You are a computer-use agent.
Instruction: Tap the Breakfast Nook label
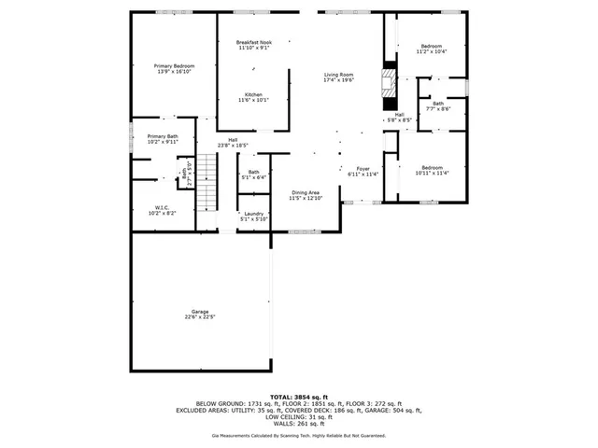pyautogui.click(x=253, y=43)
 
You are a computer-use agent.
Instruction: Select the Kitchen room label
pyautogui.click(x=253, y=94)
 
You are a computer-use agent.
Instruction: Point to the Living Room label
pyautogui.click(x=338, y=74)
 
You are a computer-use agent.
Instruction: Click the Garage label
pyautogui.click(x=200, y=311)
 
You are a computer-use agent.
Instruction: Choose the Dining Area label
pyautogui.click(x=306, y=192)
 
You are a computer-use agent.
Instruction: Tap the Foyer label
pyautogui.click(x=363, y=168)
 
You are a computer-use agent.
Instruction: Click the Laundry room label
pyautogui.click(x=253, y=214)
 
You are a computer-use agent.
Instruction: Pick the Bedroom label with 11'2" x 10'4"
pyautogui.click(x=431, y=46)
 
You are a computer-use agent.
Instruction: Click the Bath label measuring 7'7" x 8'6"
pyautogui.click(x=438, y=103)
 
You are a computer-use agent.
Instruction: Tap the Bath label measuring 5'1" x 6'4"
pyautogui.click(x=253, y=172)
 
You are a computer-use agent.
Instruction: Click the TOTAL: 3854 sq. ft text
pyautogui.click(x=299, y=397)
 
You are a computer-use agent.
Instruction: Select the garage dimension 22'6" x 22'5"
pyautogui.click(x=200, y=317)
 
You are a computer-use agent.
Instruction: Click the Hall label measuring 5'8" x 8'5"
pyautogui.click(x=399, y=115)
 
